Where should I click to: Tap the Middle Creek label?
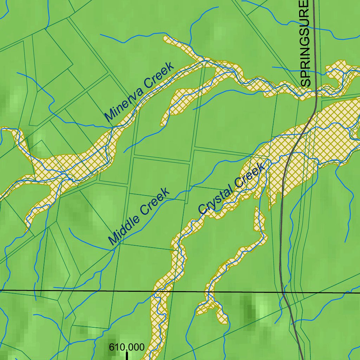click(139, 217)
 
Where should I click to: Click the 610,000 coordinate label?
click(127, 347)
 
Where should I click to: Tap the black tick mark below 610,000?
click(127, 356)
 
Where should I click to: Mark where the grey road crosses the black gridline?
click(283, 292)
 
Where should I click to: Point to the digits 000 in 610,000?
click(136, 347)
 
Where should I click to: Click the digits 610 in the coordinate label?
click(115, 347)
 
